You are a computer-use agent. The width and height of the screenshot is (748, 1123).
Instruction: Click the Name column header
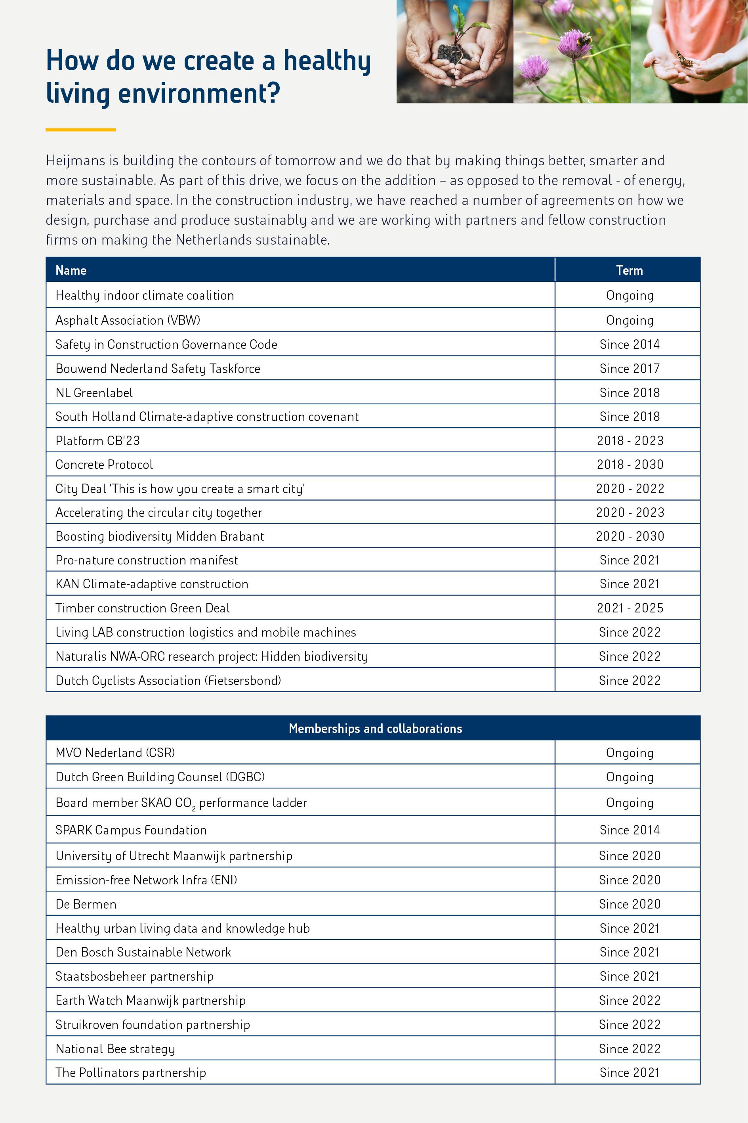pos(71,270)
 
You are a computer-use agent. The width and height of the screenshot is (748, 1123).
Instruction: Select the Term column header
pos(629,270)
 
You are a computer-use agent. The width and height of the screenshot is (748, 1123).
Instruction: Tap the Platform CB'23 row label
pos(98,440)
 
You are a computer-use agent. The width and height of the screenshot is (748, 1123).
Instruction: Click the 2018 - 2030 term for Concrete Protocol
pos(630,464)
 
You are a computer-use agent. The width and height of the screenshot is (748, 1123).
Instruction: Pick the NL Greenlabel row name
pos(94,393)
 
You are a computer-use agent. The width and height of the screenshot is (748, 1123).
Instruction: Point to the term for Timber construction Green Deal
pos(630,608)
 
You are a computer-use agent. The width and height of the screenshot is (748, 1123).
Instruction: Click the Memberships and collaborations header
pos(375,728)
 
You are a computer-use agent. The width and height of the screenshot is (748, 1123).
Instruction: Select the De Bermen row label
pos(86,904)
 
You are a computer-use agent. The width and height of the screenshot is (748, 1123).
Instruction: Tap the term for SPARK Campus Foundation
pos(630,830)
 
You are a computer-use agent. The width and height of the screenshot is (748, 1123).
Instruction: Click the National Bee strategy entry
pos(115,1048)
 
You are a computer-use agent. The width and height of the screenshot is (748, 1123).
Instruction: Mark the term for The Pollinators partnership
pos(630,1072)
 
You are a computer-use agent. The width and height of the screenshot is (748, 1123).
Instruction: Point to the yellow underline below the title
pos(80,129)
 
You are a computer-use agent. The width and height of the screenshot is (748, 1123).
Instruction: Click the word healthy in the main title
pos(327,61)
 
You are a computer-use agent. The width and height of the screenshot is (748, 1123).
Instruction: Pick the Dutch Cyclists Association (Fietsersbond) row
pos(168,680)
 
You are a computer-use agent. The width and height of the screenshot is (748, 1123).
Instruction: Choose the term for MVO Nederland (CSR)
pos(630,753)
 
